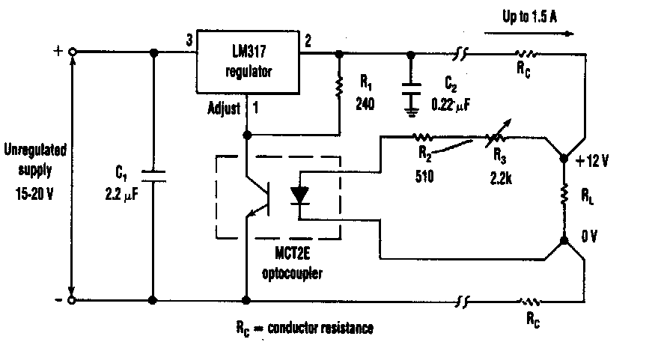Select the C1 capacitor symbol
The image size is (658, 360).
tap(153, 177)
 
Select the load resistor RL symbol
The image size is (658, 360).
tap(564, 198)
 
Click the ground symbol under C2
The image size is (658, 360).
tap(410, 112)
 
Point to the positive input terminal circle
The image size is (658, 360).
tap(72, 52)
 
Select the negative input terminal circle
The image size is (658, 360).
tap(72, 300)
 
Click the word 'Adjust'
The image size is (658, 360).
tap(223, 109)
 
